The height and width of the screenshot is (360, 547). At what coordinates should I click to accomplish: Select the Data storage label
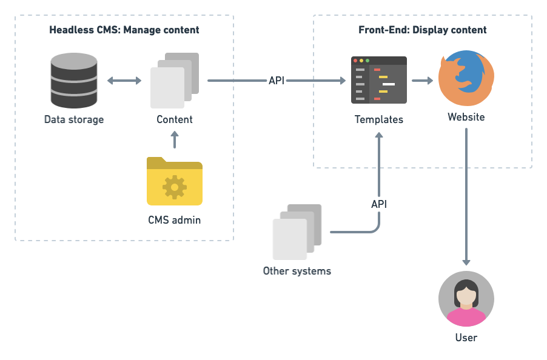[74, 119]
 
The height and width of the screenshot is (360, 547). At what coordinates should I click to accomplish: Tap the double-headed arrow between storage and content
[124, 80]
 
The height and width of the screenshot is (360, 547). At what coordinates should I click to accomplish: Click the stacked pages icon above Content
[174, 80]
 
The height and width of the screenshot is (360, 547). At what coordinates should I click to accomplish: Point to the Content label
[175, 119]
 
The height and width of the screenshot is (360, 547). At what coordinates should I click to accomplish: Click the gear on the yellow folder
[175, 187]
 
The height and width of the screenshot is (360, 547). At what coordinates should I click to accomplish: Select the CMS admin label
[174, 220]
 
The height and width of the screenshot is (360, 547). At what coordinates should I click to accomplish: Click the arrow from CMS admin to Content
[175, 141]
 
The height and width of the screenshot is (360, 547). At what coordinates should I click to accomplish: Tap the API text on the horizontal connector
[277, 80]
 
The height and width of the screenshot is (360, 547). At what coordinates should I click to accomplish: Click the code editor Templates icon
[379, 79]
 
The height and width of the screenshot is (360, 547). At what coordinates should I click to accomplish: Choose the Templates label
[379, 119]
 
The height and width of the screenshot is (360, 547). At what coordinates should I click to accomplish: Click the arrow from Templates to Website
[422, 80]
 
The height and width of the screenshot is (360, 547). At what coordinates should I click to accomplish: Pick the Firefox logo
[466, 78]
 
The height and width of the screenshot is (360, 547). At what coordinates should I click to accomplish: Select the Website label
[466, 117]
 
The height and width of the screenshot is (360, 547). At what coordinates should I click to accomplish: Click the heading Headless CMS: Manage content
[124, 30]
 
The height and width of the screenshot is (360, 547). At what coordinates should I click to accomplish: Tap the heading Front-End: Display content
[423, 30]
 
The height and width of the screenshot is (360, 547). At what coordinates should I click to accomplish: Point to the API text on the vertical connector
[379, 204]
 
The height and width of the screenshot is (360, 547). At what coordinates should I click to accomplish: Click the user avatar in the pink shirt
[466, 299]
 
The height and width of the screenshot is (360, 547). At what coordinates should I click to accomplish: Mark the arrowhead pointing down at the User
[466, 262]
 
